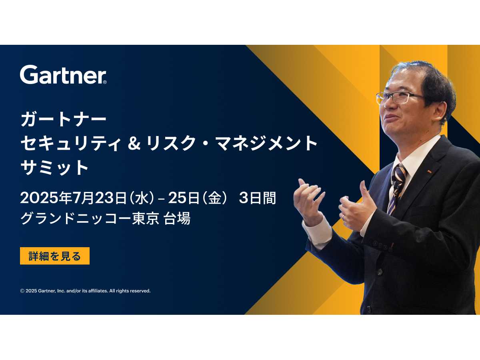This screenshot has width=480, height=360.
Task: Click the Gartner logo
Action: tap(63, 74)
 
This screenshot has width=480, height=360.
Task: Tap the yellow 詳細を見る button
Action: tap(55, 256)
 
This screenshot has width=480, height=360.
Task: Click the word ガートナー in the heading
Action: tap(64, 120)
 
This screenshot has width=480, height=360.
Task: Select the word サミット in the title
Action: tap(54, 167)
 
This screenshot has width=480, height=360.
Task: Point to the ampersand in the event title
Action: tap(134, 143)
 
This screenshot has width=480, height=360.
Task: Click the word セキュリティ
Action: tap(71, 143)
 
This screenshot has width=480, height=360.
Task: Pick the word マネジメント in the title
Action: tap(266, 143)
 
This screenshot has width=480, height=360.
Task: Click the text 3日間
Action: tap(257, 198)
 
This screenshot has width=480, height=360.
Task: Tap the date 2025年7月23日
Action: tap(74, 198)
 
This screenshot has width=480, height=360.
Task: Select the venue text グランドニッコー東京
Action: tap(90, 218)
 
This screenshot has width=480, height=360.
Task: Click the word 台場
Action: tap(177, 218)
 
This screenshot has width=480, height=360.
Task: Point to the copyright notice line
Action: tap(85, 291)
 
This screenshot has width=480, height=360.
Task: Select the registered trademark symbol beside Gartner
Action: tap(105, 82)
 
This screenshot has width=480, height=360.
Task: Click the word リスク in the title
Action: tap(171, 143)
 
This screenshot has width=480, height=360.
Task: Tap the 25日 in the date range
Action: tap(183, 198)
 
